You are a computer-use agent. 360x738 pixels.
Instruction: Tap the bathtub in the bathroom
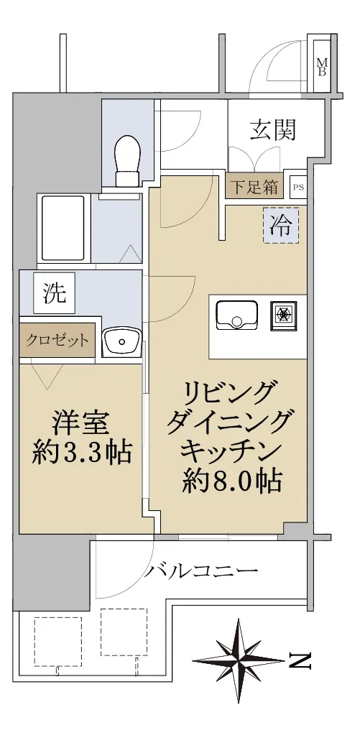[x=63, y=228]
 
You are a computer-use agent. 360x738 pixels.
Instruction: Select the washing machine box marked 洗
[x=55, y=293]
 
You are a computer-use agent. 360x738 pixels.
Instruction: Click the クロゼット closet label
[x=57, y=340]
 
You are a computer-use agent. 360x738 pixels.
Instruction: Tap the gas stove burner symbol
[x=284, y=315]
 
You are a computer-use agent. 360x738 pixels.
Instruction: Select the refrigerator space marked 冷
[x=280, y=226]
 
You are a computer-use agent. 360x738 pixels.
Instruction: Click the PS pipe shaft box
[x=298, y=187]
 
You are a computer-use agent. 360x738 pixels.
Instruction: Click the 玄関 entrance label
[x=273, y=130]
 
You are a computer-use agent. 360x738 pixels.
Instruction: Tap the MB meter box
[x=323, y=66]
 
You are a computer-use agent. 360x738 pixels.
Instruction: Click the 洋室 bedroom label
[x=81, y=423]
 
